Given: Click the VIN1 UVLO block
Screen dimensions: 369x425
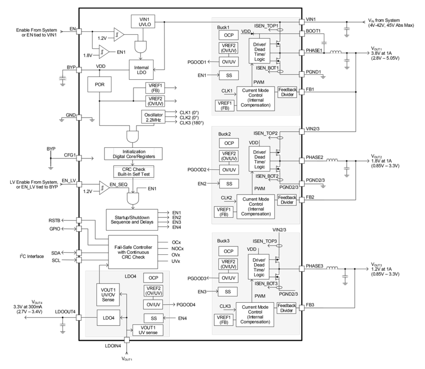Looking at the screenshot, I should tap(142, 21).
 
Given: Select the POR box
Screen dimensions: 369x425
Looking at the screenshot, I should tap(99, 84).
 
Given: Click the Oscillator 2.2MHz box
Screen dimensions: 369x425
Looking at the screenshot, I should tap(153, 117).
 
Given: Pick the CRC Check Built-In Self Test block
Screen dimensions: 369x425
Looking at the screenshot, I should tap(134, 171).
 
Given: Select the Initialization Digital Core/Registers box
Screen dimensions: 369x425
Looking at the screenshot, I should tap(134, 154).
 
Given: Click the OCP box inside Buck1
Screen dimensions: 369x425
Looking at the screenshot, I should tap(229, 35).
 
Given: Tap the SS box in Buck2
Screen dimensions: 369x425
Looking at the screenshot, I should tap(229, 184).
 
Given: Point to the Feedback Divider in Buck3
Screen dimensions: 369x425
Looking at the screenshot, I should tap(287, 308).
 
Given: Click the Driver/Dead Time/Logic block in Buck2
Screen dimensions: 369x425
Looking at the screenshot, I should tap(260, 159).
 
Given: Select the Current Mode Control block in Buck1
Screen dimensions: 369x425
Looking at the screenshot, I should tap(255, 98).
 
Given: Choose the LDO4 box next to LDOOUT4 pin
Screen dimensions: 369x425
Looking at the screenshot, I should tap(108, 318).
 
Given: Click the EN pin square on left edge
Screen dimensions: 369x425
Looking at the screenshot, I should tap(79, 31).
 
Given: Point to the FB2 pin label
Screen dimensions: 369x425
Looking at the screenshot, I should tap(310, 197).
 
